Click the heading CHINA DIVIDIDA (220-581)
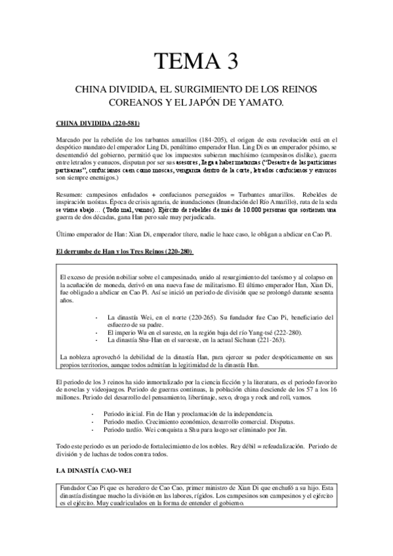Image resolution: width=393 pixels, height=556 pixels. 98,124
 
